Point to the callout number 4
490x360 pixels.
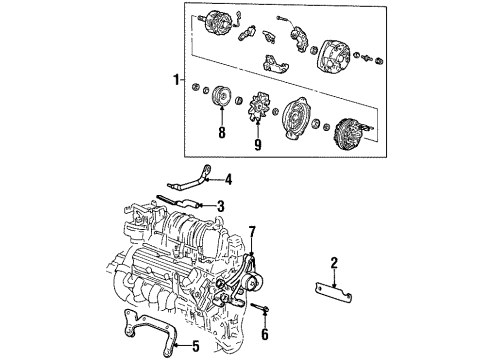click(229, 180)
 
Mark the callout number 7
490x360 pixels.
click(253, 232)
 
